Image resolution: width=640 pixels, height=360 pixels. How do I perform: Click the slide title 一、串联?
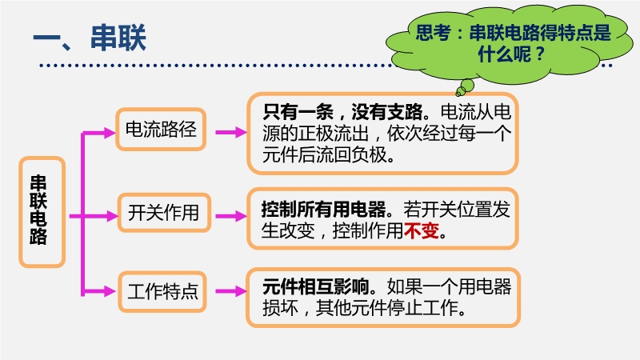[90, 38]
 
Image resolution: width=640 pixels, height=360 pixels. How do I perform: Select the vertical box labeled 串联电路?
[42, 212]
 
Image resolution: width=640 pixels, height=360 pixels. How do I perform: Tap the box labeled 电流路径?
[161, 130]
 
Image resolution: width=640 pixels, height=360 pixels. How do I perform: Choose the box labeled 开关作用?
[164, 213]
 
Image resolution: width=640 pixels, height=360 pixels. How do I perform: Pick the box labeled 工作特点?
[162, 292]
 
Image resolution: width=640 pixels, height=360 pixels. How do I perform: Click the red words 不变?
[422, 230]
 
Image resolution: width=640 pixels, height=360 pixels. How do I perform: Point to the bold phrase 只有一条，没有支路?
[342, 112]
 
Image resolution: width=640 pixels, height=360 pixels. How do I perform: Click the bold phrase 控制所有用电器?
[323, 210]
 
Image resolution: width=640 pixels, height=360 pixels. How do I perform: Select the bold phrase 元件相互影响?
[315, 286]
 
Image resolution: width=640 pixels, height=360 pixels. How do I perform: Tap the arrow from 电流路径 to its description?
[231, 132]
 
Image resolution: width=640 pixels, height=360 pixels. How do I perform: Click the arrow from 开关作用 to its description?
[231, 216]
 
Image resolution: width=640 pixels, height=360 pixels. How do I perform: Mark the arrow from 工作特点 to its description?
[231, 291]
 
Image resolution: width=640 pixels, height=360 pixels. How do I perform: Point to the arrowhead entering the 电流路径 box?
[110, 133]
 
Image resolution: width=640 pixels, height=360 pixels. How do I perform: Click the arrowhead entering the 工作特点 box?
[110, 291]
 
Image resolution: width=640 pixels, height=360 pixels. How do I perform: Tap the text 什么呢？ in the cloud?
[512, 54]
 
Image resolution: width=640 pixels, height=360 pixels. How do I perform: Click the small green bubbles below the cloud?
[464, 88]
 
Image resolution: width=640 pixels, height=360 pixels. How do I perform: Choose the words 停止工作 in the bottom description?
[422, 308]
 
